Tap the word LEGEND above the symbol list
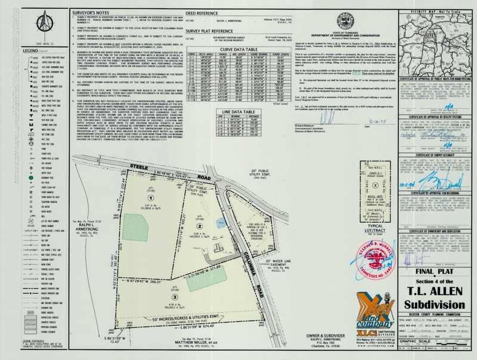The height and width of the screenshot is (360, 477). coord(13,52)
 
